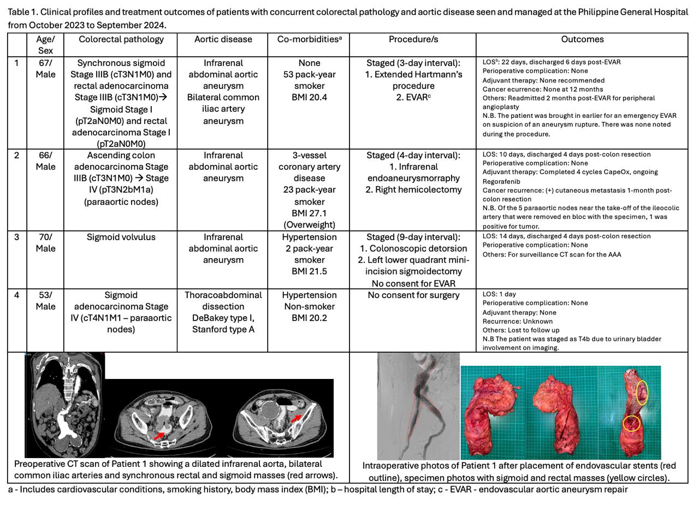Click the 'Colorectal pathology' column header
(121, 39)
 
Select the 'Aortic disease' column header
(223, 39)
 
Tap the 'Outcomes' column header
(582, 39)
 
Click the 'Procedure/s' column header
(413, 39)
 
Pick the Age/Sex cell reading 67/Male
(45, 69)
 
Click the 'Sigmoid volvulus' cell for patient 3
(121, 238)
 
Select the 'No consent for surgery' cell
(413, 295)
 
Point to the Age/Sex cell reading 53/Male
(45, 301)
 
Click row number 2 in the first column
(17, 156)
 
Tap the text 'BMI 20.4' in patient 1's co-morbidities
(309, 98)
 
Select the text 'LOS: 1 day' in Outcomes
(499, 294)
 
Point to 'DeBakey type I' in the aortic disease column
(223, 318)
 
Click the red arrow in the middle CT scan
(159, 435)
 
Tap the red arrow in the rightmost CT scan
(295, 419)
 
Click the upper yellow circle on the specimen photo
(642, 392)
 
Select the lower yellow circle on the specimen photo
(631, 423)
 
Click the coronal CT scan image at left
(64, 405)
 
